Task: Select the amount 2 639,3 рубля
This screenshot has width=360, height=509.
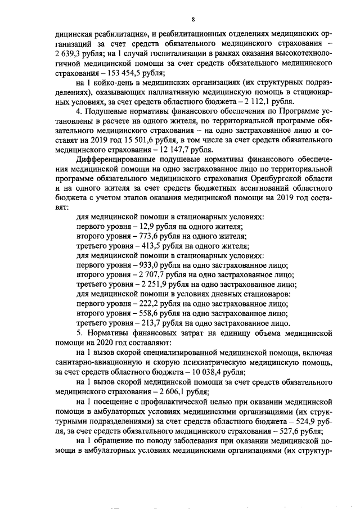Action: pos(79,53)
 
